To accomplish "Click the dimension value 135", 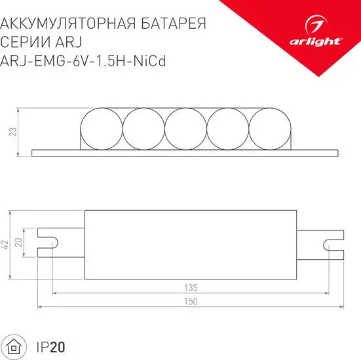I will [x=191, y=287].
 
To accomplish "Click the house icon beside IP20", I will [x=15, y=345].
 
